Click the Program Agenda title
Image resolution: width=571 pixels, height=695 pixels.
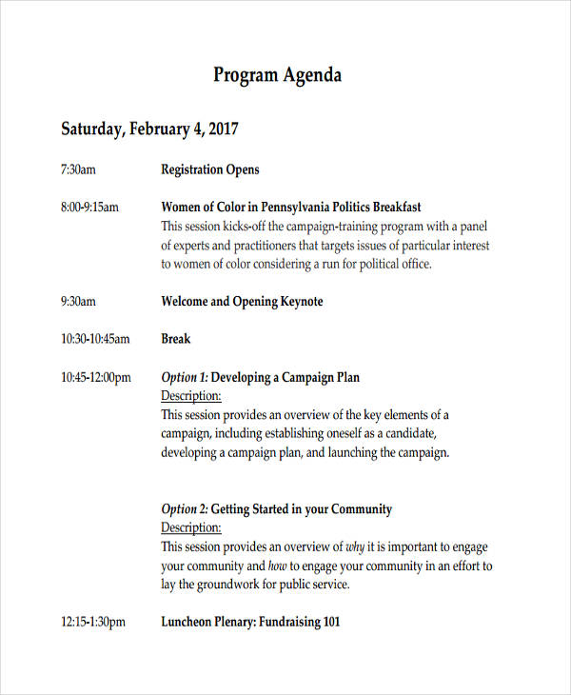click(x=277, y=75)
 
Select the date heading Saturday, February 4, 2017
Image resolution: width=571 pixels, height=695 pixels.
click(x=149, y=129)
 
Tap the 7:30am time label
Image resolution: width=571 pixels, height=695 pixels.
click(x=78, y=170)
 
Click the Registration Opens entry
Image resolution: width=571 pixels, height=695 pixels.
click(x=209, y=170)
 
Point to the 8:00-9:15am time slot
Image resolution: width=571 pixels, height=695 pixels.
click(x=89, y=207)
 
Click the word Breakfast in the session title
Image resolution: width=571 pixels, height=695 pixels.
click(x=397, y=207)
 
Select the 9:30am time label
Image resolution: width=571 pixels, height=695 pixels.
click(x=78, y=302)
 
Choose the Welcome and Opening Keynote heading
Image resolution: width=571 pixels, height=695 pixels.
click(x=242, y=302)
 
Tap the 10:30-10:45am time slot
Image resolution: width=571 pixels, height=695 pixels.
click(x=95, y=339)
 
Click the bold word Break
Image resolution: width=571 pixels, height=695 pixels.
click(x=176, y=339)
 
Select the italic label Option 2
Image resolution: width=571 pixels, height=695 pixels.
click(x=184, y=509)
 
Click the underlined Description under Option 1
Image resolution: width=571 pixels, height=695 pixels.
click(x=190, y=396)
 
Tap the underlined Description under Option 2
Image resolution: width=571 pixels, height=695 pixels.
click(x=190, y=527)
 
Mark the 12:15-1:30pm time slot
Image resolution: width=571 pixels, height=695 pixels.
click(x=93, y=623)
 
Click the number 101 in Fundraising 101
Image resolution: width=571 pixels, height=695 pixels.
click(x=329, y=623)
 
